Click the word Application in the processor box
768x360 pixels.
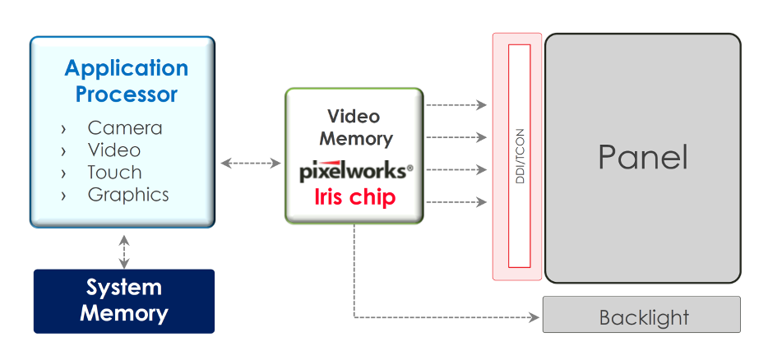coord(127,69)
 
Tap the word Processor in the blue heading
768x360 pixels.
coord(127,94)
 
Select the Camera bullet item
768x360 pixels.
coord(125,128)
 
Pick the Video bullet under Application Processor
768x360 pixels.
coord(114,150)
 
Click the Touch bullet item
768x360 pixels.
coord(114,173)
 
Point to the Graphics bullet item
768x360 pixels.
coord(128,195)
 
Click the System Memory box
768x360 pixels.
coord(124,301)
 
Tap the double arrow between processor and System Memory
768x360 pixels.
coord(124,252)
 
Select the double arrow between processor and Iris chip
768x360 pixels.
coord(250,163)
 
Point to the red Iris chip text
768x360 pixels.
coord(354,197)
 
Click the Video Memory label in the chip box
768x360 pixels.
coord(356,128)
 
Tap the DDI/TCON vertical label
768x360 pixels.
coord(520,156)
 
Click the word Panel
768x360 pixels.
coord(643,157)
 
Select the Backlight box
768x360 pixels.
coord(641,315)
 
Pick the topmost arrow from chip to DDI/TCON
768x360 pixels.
coord(456,105)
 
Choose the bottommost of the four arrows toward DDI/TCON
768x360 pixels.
coord(456,202)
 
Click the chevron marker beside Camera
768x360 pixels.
coord(63,129)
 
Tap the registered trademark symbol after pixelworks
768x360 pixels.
coord(410,168)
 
